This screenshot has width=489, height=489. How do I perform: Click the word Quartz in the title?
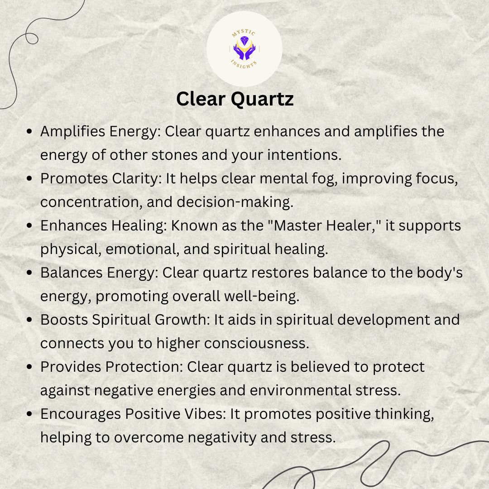[x=262, y=100]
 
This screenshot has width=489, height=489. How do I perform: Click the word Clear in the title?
[x=201, y=99]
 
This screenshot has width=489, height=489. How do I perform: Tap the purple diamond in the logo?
[x=244, y=40]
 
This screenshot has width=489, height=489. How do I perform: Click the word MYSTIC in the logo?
[x=244, y=33]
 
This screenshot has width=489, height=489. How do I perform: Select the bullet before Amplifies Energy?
[x=29, y=131]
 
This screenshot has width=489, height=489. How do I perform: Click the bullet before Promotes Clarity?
[x=29, y=178]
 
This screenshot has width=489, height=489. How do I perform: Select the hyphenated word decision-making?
[x=235, y=202]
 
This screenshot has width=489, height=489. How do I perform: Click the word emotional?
[x=143, y=249]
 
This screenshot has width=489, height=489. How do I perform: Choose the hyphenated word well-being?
[x=261, y=296]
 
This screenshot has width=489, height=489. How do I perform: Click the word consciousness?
[x=257, y=344]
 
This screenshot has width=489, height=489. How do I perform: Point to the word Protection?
[x=144, y=367]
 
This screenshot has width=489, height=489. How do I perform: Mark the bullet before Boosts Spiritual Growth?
[x=29, y=320]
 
